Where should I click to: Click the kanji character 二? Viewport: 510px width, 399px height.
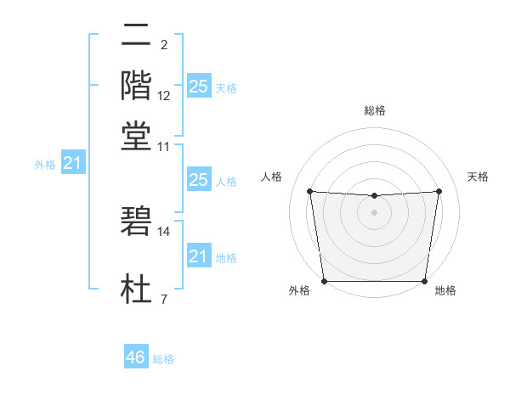[x=136, y=36]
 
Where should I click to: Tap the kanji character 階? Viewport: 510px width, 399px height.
[x=136, y=85]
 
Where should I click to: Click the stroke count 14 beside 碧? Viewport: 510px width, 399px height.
[x=164, y=230]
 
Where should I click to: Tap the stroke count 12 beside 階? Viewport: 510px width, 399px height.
[x=164, y=95]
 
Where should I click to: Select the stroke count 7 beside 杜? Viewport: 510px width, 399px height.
[x=164, y=299]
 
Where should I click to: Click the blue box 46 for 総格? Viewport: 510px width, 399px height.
[x=136, y=357]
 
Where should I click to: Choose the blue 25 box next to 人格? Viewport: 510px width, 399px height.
[x=198, y=180]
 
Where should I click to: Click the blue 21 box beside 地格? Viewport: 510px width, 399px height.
[x=198, y=256]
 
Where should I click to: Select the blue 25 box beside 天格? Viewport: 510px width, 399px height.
[x=198, y=86]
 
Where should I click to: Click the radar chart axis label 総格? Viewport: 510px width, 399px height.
[x=375, y=111]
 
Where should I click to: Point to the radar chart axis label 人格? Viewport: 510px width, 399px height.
[x=272, y=177]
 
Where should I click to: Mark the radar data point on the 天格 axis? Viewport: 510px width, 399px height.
[x=439, y=191]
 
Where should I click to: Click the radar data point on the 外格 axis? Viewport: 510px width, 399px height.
[x=324, y=281]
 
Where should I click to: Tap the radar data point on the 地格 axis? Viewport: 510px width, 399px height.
[x=425, y=281]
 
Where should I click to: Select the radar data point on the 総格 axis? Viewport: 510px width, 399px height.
[x=375, y=196]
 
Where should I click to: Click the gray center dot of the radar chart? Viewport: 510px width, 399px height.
[x=375, y=212]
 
